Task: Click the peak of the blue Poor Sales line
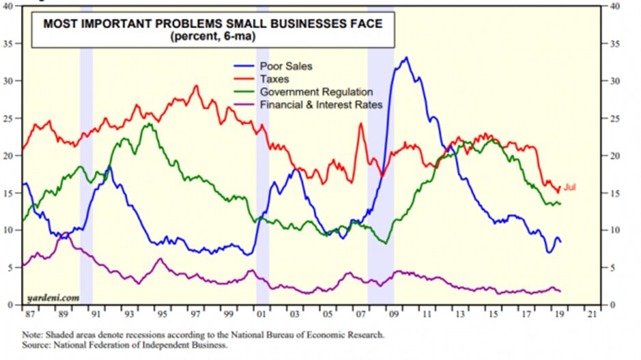407,58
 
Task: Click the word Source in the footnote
35,346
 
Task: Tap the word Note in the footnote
31,335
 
